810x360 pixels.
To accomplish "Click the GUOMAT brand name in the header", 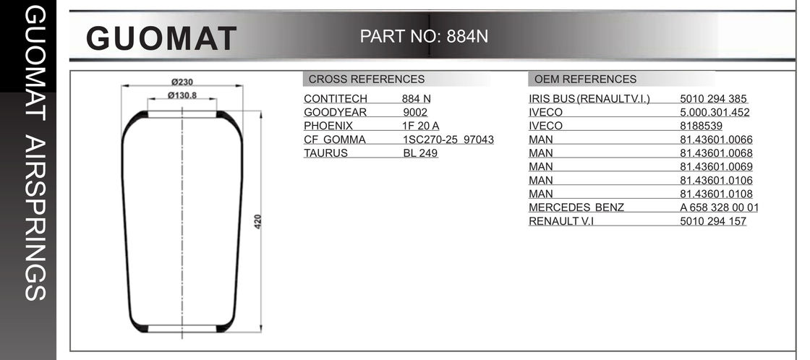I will click(161, 38).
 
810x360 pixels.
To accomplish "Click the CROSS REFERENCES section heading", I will click(367, 80).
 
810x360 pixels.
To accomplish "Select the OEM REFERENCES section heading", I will click(585, 80).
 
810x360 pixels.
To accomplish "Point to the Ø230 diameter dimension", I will click(182, 82).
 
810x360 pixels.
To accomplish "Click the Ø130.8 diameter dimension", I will click(182, 95).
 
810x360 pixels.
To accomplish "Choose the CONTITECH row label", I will click(336, 99).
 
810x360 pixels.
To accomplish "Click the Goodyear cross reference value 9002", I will click(415, 113).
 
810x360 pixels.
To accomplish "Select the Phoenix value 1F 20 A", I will click(421, 126).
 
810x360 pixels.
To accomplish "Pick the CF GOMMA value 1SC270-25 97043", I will click(448, 140).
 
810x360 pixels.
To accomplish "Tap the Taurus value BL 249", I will click(420, 153).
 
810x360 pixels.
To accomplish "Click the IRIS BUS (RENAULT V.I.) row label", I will click(589, 99).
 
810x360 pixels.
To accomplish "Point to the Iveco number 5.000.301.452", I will click(715, 113).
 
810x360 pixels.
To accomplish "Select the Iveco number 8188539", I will click(702, 126).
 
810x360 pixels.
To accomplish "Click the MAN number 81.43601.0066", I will click(717, 140).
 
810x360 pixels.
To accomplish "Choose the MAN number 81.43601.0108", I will click(717, 194).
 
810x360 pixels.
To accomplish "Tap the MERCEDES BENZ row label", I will click(576, 207).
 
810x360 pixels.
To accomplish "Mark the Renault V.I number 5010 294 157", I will click(713, 221).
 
